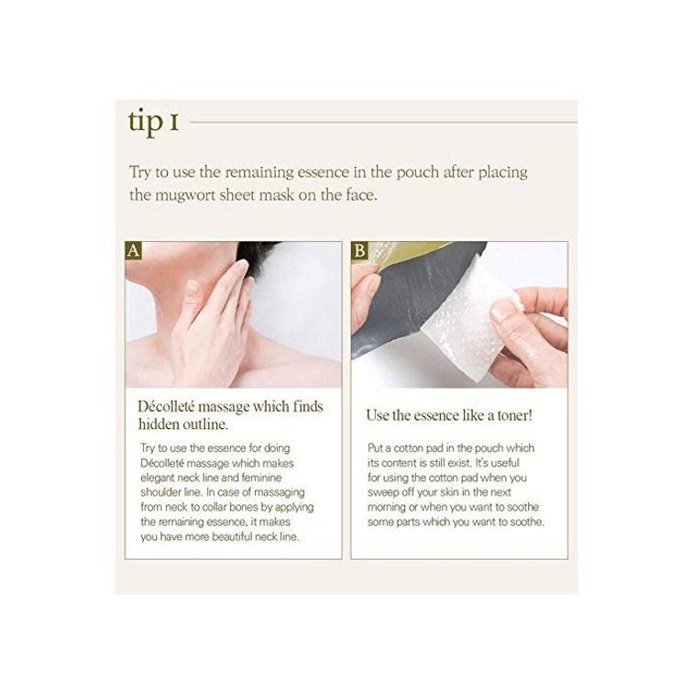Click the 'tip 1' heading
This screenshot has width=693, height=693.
point(153,122)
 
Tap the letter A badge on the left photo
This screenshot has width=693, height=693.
point(133,250)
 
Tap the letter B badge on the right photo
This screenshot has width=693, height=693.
point(359,250)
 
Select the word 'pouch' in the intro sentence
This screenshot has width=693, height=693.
point(417,172)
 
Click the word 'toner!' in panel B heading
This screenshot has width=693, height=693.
point(514,415)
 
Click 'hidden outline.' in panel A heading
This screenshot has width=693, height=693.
point(183,424)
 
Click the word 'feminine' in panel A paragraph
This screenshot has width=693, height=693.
point(261,478)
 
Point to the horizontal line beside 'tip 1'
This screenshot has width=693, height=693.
point(383,122)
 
